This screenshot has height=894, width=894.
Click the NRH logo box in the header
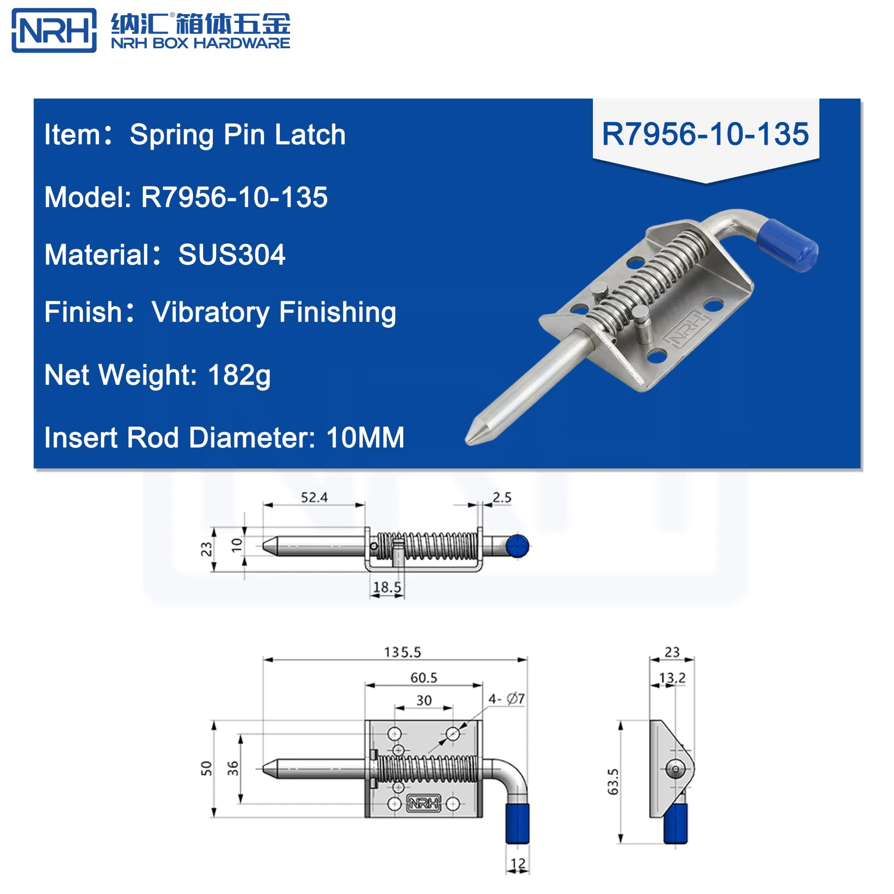54,31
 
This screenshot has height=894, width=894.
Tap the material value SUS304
232,255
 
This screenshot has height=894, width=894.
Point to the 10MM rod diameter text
365,438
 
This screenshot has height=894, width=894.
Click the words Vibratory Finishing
274,312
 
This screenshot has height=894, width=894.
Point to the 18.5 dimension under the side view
387,588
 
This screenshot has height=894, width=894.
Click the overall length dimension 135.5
402,653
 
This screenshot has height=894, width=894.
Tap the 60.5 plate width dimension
423,678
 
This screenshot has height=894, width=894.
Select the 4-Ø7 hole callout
506,699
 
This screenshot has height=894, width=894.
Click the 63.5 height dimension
612,782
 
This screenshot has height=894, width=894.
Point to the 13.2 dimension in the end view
672,678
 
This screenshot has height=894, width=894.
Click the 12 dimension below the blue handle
518,863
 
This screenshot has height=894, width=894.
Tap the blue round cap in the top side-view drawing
517,546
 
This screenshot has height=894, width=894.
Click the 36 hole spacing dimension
233,769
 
